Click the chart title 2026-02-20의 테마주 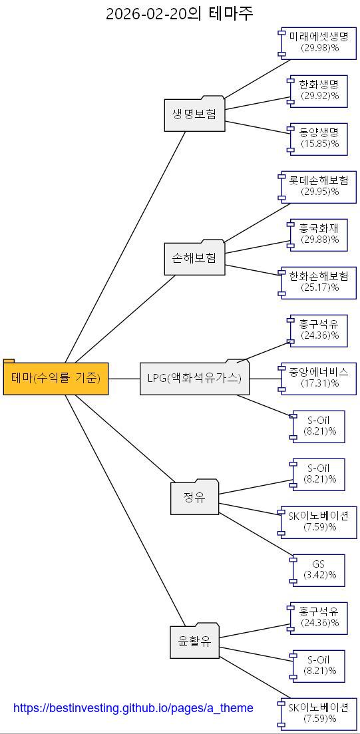(x=180, y=13)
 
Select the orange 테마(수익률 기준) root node (x=56, y=378)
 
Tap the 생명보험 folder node (x=194, y=114)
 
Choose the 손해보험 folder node (x=194, y=258)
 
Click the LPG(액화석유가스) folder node (x=194, y=378)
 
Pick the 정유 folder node (x=194, y=497)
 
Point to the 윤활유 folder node (x=194, y=642)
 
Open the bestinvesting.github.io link (x=133, y=708)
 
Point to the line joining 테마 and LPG (x=124, y=378)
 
